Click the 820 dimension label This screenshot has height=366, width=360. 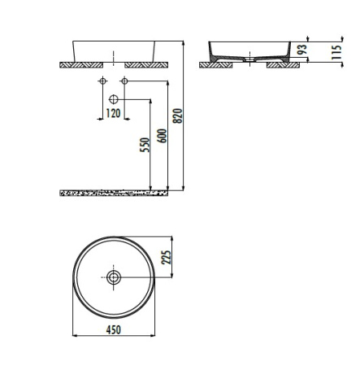[x=178, y=115]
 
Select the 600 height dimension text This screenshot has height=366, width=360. [x=162, y=136]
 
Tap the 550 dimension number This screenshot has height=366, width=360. [x=145, y=145]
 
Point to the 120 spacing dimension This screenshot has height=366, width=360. [x=113, y=113]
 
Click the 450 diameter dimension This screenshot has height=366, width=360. [x=114, y=330]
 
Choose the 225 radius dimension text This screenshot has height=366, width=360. [x=167, y=257]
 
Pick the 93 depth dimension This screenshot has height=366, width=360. [x=302, y=49]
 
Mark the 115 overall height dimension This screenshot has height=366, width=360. [x=336, y=52]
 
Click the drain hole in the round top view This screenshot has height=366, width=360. [x=114, y=277]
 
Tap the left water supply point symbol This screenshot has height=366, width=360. [x=102, y=81]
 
